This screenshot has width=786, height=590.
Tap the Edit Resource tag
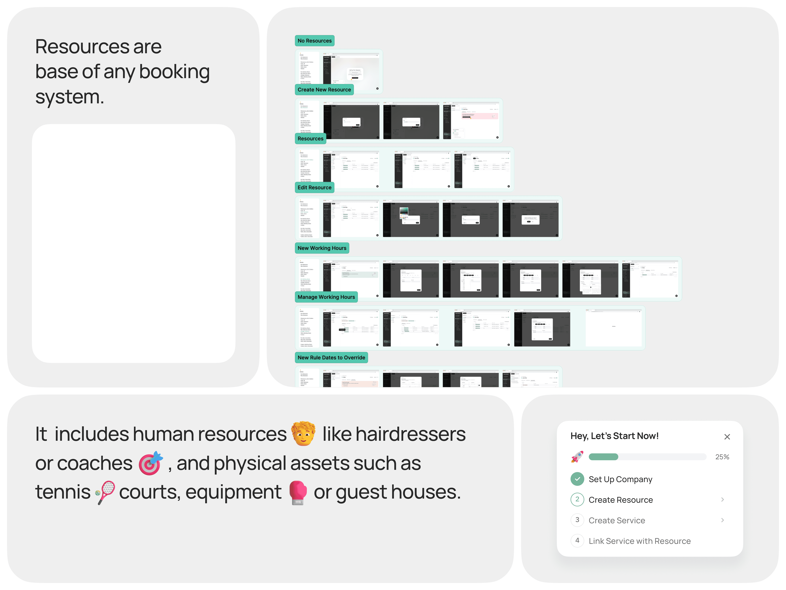(x=314, y=188)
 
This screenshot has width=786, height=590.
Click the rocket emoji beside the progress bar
(x=577, y=457)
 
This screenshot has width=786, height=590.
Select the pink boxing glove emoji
(x=298, y=492)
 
